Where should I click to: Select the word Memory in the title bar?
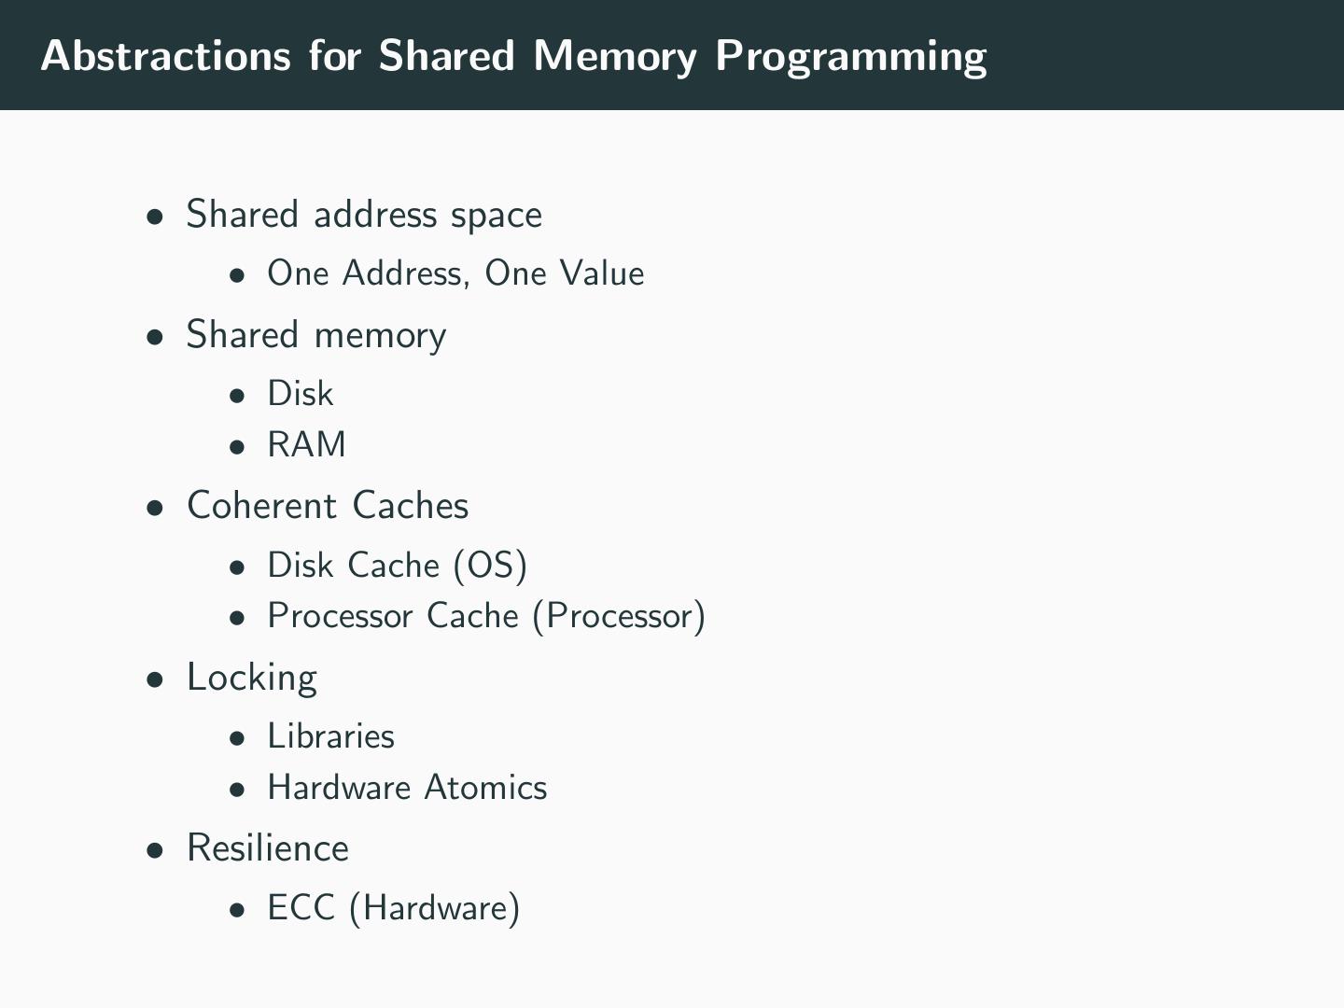click(615, 56)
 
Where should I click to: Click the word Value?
click(602, 273)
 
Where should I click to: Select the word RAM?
click(306, 445)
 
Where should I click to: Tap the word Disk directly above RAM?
click(300, 394)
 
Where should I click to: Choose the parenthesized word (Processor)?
click(619, 617)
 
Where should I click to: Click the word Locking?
click(252, 678)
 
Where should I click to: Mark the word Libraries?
click(330, 736)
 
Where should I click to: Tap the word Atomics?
click(485, 788)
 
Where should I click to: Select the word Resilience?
click(268, 848)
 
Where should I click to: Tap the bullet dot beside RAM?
click(238, 447)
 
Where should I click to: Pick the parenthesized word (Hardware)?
click(434, 908)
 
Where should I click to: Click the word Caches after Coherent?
click(411, 506)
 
